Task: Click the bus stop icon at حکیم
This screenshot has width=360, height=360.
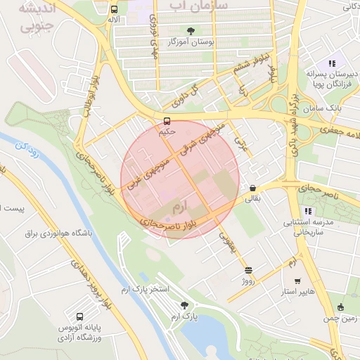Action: [x=167, y=121]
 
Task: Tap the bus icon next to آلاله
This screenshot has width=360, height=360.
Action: [x=114, y=10]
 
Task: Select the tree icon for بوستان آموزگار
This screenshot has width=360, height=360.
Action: [x=191, y=30]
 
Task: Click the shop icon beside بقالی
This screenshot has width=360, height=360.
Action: [x=252, y=188]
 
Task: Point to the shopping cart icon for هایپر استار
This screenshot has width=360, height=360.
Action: [x=297, y=280]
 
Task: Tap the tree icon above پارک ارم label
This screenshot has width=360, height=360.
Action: [x=185, y=305]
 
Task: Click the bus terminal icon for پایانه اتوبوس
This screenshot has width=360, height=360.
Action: [x=79, y=317]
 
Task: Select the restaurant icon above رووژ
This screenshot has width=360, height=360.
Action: [x=247, y=270]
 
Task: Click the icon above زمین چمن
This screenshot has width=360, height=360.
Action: [x=340, y=307]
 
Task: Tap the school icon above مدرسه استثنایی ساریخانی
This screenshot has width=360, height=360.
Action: [x=307, y=211]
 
